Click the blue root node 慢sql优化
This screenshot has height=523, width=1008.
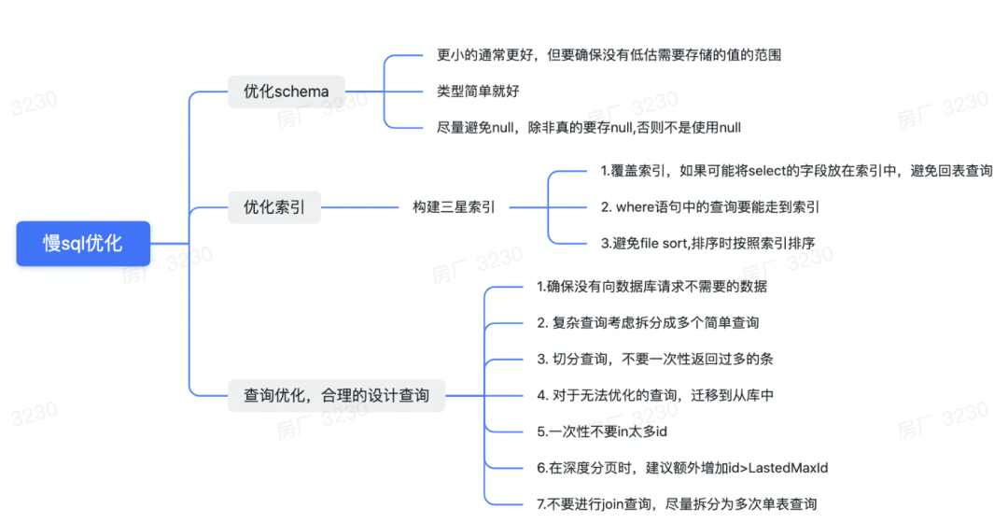point(83,243)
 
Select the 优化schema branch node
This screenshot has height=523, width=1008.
point(287,92)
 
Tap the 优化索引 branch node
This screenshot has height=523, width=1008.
point(274,207)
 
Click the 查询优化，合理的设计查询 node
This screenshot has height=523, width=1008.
point(337,395)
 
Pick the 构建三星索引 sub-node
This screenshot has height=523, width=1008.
point(455,207)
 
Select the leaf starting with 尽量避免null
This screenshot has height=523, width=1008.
point(589,128)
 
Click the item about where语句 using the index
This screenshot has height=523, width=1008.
point(709,207)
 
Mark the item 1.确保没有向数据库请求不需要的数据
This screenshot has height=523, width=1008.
point(651,287)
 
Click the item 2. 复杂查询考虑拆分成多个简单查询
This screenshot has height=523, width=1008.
point(648,323)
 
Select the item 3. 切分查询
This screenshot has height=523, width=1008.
point(654,360)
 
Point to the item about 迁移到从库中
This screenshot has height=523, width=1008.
point(655,395)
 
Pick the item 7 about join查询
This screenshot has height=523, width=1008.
point(677,504)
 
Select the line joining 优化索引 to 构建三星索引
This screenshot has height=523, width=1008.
point(359,207)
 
